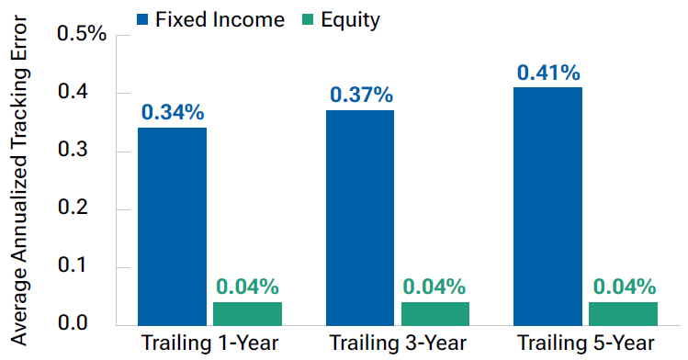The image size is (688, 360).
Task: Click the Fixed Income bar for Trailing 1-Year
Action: pos(172,226)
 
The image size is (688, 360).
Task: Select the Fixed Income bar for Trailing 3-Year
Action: pos(360,218)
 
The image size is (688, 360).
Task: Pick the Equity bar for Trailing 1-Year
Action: pos(247,313)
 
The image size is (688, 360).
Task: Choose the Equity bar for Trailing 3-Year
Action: pos(435,313)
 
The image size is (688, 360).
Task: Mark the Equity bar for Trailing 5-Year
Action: pos(624,313)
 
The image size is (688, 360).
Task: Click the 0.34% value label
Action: pos(172,114)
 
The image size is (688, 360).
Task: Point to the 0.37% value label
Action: pos(360,95)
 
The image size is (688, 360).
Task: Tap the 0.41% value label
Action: pos(548,72)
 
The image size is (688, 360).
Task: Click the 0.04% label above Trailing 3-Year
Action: pos(435,287)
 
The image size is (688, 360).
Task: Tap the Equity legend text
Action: pos(349,19)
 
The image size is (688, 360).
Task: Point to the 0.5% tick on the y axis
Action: pos(82,35)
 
